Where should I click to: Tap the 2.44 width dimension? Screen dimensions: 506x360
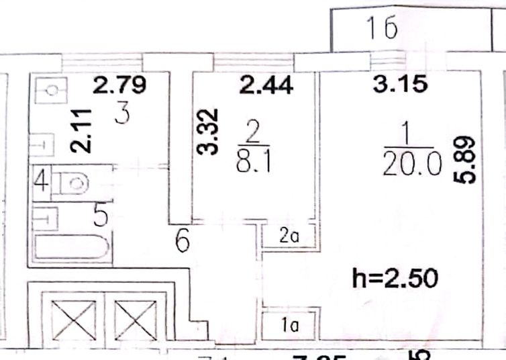[x=266, y=86]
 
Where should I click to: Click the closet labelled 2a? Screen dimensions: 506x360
[x=289, y=236]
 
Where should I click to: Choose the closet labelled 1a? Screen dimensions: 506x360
[x=289, y=326]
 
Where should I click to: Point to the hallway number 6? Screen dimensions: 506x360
[x=182, y=240]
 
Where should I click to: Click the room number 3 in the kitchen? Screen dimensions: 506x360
[x=121, y=114]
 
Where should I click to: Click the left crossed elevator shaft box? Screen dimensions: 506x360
[x=72, y=321]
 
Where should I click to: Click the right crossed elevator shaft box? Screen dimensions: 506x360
[x=134, y=321]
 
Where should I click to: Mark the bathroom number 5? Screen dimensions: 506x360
[x=100, y=216]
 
